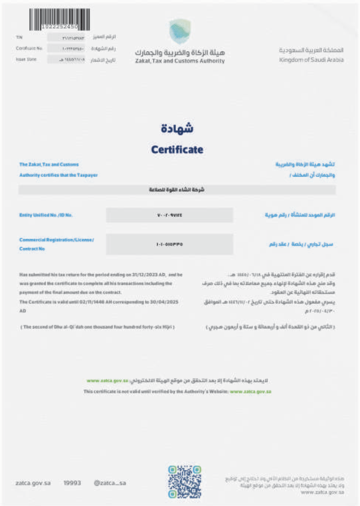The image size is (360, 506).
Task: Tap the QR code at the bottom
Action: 185,482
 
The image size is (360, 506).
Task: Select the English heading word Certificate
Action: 177,149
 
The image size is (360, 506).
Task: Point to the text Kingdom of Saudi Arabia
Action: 311,60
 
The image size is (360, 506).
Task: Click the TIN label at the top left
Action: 19,37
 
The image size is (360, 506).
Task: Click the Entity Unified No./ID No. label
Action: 46,215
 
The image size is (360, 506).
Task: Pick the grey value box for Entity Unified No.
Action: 169,215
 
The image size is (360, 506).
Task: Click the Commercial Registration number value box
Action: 169,244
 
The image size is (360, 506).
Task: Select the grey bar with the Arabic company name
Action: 177,190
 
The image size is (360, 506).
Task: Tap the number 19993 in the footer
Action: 72,483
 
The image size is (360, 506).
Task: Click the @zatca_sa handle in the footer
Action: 109,483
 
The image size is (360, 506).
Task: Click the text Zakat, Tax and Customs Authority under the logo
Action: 180,61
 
